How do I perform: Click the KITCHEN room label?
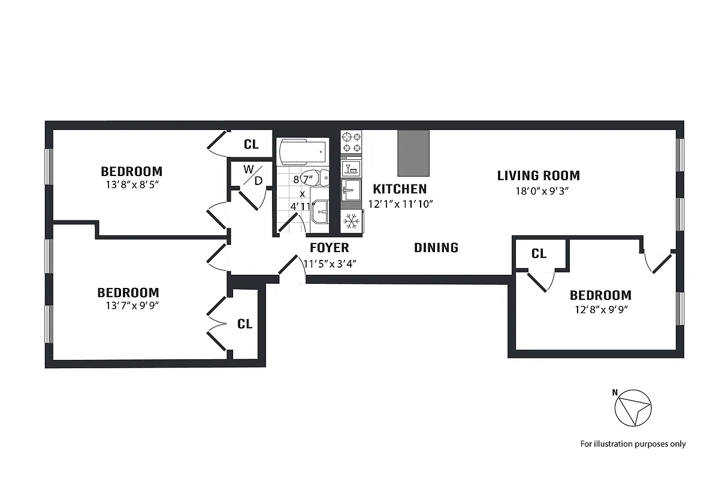(x=400, y=189)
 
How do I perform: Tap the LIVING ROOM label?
(x=538, y=175)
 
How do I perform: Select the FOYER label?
(x=329, y=248)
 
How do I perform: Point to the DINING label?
(x=436, y=248)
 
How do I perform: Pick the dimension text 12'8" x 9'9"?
(x=600, y=310)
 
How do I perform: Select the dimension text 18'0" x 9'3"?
(x=538, y=192)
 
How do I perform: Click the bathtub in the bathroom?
(x=303, y=152)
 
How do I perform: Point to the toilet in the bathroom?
(x=324, y=177)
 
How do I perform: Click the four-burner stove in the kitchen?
(x=351, y=143)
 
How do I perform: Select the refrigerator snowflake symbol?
(x=351, y=222)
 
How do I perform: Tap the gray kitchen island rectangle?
(x=414, y=153)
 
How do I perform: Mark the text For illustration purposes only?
(x=633, y=444)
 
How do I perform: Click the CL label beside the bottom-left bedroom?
(x=244, y=324)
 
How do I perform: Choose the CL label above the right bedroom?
(x=539, y=254)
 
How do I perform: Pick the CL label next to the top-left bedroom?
(x=250, y=144)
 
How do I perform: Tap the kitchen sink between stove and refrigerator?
(x=351, y=190)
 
